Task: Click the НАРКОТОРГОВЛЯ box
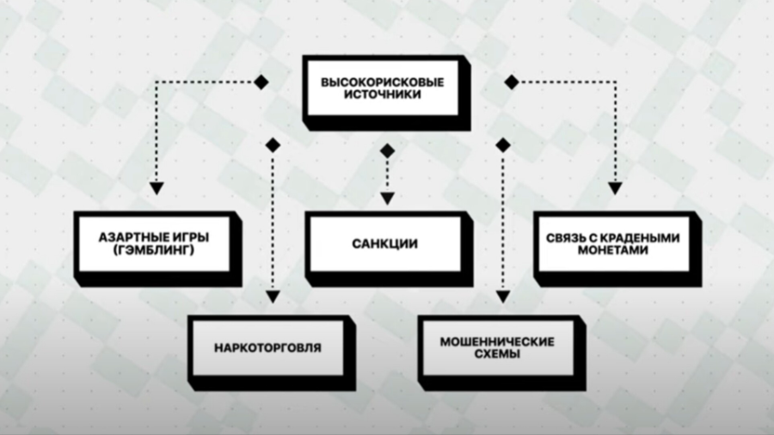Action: pos(268,348)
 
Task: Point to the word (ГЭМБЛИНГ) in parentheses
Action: pos(154,250)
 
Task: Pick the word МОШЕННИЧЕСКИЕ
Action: pos(497,341)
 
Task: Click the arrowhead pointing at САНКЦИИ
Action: pos(387,198)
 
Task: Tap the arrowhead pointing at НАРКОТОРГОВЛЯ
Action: pos(273,297)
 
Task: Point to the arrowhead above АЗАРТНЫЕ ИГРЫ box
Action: pos(156,187)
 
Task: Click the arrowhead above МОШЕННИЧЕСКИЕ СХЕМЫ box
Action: pos(502,297)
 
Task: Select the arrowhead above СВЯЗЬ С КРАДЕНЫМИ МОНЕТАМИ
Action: pos(615,187)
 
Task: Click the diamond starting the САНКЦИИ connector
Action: pos(387,150)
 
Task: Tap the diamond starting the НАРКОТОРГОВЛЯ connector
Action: pos(273,145)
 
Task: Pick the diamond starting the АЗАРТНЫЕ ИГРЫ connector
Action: pos(261,82)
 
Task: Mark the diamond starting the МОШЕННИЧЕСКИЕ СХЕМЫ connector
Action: pos(502,145)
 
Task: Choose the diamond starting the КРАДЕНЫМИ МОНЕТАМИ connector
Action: pos(511,82)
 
